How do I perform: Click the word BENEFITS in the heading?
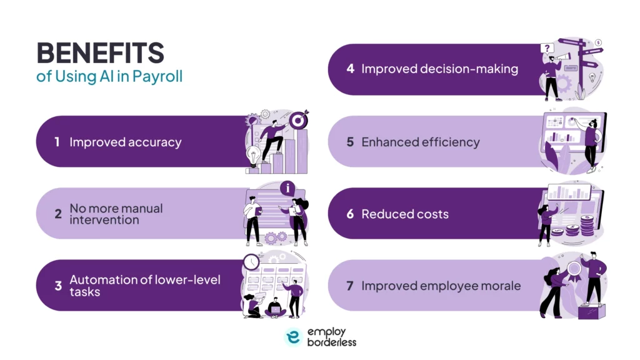tap(100, 54)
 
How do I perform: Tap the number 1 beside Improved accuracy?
tap(57, 142)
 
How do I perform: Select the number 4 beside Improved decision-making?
tap(350, 69)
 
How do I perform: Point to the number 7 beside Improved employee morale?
tap(350, 286)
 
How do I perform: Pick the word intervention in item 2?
tap(104, 220)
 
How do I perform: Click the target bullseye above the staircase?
tap(299, 118)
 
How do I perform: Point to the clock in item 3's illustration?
tap(251, 261)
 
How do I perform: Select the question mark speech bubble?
tap(547, 48)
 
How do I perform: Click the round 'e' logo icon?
tap(293, 336)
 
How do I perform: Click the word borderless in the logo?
tap(331, 342)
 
